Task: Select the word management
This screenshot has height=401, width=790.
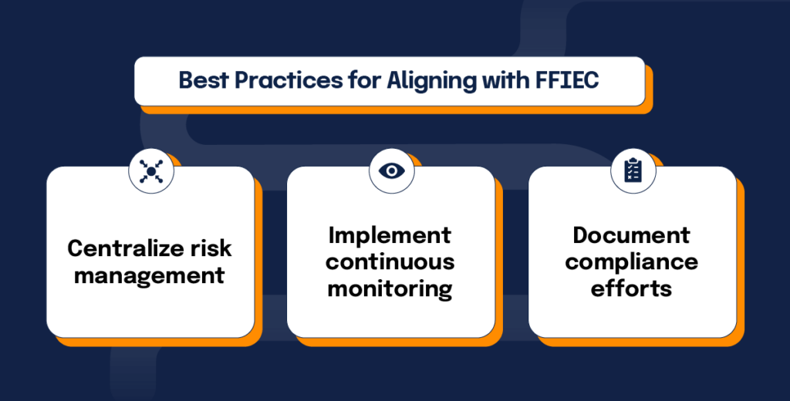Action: (x=150, y=275)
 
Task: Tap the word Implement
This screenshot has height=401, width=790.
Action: (x=390, y=234)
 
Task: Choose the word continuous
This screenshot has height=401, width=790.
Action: (x=390, y=261)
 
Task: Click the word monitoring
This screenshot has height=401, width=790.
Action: (x=390, y=289)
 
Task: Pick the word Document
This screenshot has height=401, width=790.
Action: (x=632, y=234)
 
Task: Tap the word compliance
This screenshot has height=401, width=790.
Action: (x=632, y=261)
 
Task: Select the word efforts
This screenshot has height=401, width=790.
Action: (x=632, y=289)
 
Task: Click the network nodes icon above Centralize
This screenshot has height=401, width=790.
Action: (x=150, y=171)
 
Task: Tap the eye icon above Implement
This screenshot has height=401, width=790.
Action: (x=391, y=171)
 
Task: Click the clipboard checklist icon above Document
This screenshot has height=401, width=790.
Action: (x=632, y=171)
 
